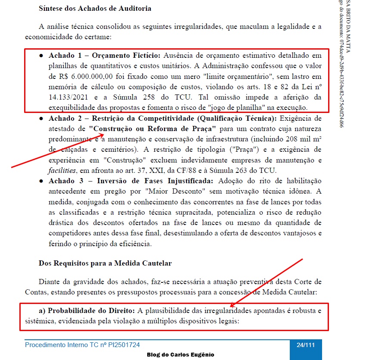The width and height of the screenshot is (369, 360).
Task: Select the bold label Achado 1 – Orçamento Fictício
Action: point(104,56)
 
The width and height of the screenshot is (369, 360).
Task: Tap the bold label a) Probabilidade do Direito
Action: point(91,310)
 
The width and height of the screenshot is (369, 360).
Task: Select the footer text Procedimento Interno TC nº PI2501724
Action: point(82,345)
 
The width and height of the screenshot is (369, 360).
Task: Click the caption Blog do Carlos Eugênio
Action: point(180,354)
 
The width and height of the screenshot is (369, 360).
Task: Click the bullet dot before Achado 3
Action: point(41,180)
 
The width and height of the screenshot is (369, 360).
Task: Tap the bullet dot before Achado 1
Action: point(41,56)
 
